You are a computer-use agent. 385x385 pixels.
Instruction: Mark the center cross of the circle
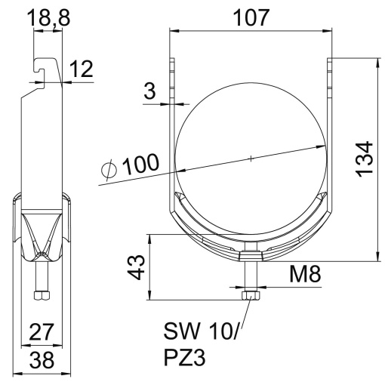coord(251,158)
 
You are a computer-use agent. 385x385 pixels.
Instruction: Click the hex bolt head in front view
coord(251,297)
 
